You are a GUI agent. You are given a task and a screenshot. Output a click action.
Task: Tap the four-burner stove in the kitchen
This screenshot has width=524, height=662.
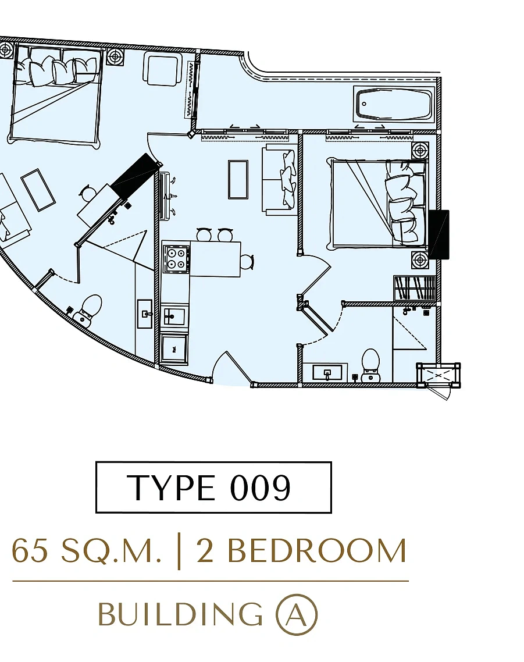tap(176, 258)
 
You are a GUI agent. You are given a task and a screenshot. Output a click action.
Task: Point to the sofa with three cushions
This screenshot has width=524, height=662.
tap(279, 177)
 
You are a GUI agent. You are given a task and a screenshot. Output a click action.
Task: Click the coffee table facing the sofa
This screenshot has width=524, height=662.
tap(238, 179)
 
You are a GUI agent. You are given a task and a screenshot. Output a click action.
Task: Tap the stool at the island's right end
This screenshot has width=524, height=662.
tap(247, 261)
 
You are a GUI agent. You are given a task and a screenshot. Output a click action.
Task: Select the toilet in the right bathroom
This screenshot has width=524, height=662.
tap(370, 365)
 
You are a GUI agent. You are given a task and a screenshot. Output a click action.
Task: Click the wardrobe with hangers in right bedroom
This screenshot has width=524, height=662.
tap(414, 288)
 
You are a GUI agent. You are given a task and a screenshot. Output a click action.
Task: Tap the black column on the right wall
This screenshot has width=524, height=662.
tap(439, 234)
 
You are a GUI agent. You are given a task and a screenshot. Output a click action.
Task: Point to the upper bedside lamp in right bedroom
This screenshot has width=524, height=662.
tap(420, 151)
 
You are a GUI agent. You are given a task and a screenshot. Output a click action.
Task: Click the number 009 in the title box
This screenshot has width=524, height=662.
tap(260, 487)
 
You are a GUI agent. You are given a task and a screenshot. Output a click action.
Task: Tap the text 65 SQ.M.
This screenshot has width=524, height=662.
tap(87, 550)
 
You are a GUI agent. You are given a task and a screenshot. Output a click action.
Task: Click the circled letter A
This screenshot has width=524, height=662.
tap(297, 614)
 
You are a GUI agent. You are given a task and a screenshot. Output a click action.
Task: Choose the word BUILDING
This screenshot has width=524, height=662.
tap(180, 614)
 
